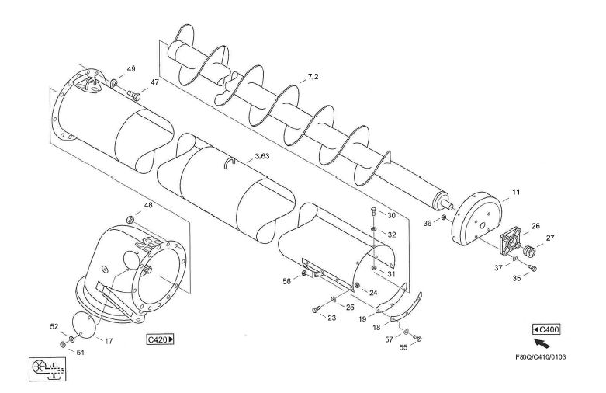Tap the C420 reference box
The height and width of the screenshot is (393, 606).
pos(160,339)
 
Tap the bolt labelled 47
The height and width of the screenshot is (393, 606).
pos(133,95)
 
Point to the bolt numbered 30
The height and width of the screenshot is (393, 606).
pos(374,212)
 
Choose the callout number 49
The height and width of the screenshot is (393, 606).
pos(131,68)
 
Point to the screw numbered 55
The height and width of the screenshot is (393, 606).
pos(420,337)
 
